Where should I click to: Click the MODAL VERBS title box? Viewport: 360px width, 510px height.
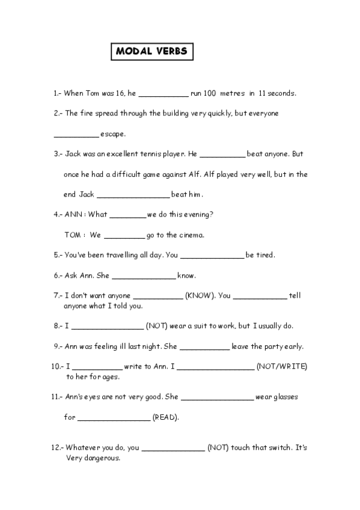click(152, 52)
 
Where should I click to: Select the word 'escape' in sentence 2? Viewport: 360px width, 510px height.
click(112, 134)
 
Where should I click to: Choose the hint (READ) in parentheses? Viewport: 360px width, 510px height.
click(165, 417)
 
